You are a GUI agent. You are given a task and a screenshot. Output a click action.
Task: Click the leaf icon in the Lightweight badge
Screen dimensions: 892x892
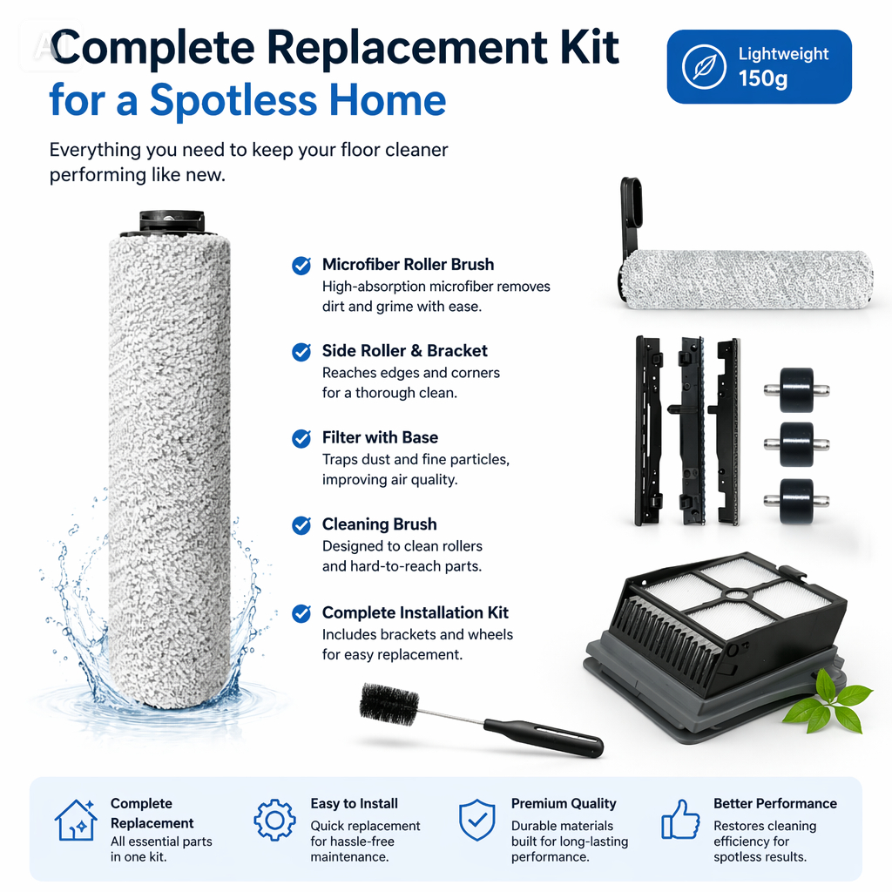[704, 66]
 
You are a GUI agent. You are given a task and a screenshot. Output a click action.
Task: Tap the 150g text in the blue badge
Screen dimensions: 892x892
[763, 78]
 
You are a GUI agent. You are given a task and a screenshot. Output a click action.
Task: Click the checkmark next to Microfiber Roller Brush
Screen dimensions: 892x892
[301, 265]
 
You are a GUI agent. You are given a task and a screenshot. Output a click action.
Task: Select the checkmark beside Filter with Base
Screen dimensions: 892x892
[301, 439]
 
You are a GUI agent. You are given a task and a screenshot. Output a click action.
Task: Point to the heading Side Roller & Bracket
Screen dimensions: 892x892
[404, 350]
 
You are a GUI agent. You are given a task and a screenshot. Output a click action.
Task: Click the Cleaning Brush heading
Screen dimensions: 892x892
[380, 524]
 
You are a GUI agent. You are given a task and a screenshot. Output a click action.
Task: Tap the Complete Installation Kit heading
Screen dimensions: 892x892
[416, 612]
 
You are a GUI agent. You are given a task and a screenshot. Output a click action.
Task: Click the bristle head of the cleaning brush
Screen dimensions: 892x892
[389, 704]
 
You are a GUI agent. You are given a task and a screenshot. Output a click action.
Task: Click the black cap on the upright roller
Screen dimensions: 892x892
[172, 220]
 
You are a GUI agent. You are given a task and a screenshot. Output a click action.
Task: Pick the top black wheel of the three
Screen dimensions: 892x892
[796, 389]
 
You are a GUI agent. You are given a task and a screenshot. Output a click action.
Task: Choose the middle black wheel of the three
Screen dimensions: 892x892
[796, 444]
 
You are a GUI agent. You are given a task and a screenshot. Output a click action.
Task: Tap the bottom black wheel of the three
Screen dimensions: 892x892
[796, 501]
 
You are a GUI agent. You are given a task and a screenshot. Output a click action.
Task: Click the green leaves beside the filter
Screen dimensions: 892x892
[828, 703]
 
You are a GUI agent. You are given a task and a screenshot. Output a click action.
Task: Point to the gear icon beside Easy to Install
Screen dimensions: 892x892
[274, 820]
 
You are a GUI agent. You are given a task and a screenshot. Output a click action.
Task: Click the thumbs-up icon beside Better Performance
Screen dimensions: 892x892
[680, 819]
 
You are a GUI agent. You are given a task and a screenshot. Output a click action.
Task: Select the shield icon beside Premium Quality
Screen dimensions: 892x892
[477, 820]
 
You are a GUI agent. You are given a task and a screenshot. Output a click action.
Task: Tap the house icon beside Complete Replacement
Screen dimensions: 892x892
[75, 820]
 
